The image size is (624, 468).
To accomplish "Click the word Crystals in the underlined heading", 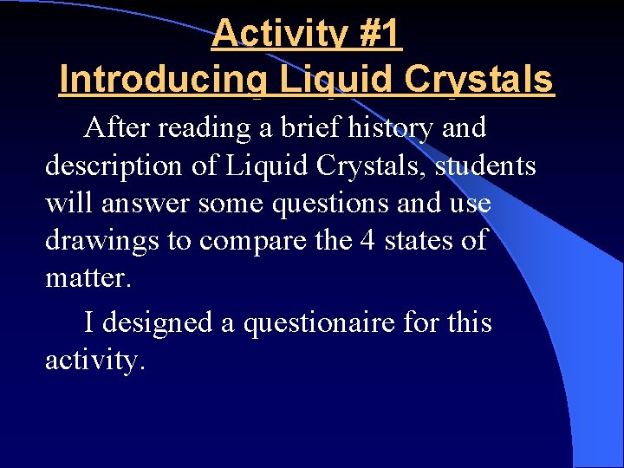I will point(483,80).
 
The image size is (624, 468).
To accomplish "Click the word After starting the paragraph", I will point(115,128).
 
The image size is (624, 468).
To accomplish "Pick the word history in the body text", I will point(393,128).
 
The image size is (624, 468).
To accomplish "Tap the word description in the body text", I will point(108,165).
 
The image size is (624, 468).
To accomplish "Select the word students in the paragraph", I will point(485,165).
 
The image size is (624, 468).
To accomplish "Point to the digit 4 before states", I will point(368,240).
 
